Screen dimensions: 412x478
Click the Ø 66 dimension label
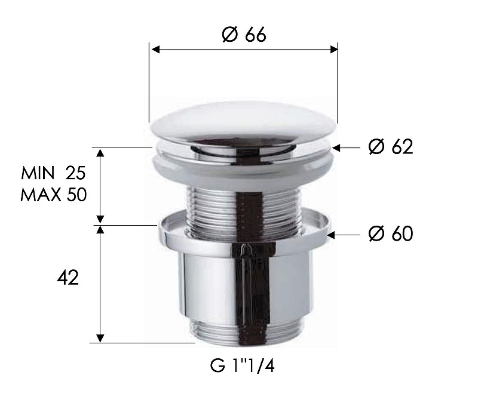(x=243, y=35)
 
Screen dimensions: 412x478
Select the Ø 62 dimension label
(x=391, y=146)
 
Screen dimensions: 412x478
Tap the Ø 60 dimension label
(x=391, y=234)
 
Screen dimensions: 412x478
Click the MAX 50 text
(x=53, y=195)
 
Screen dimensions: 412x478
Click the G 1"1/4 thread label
(x=242, y=366)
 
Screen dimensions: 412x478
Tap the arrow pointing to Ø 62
(x=346, y=147)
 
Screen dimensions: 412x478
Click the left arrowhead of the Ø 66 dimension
(x=154, y=50)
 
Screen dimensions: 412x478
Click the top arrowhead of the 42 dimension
(x=101, y=230)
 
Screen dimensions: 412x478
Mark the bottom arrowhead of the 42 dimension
(x=101, y=338)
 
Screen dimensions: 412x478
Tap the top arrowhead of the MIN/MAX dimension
(x=101, y=152)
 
